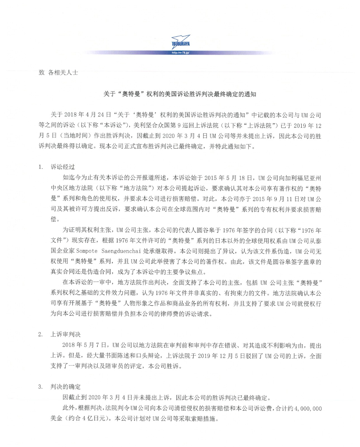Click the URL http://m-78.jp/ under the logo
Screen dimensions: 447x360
coord(180,53)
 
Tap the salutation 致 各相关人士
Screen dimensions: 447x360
coord(58,73)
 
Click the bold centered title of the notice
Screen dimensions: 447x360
coord(180,94)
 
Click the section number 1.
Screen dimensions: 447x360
coord(41,167)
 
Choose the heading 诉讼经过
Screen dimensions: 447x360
coord(63,167)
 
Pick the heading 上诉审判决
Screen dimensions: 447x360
coord(66,334)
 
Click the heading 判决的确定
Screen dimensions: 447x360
coord(66,387)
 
